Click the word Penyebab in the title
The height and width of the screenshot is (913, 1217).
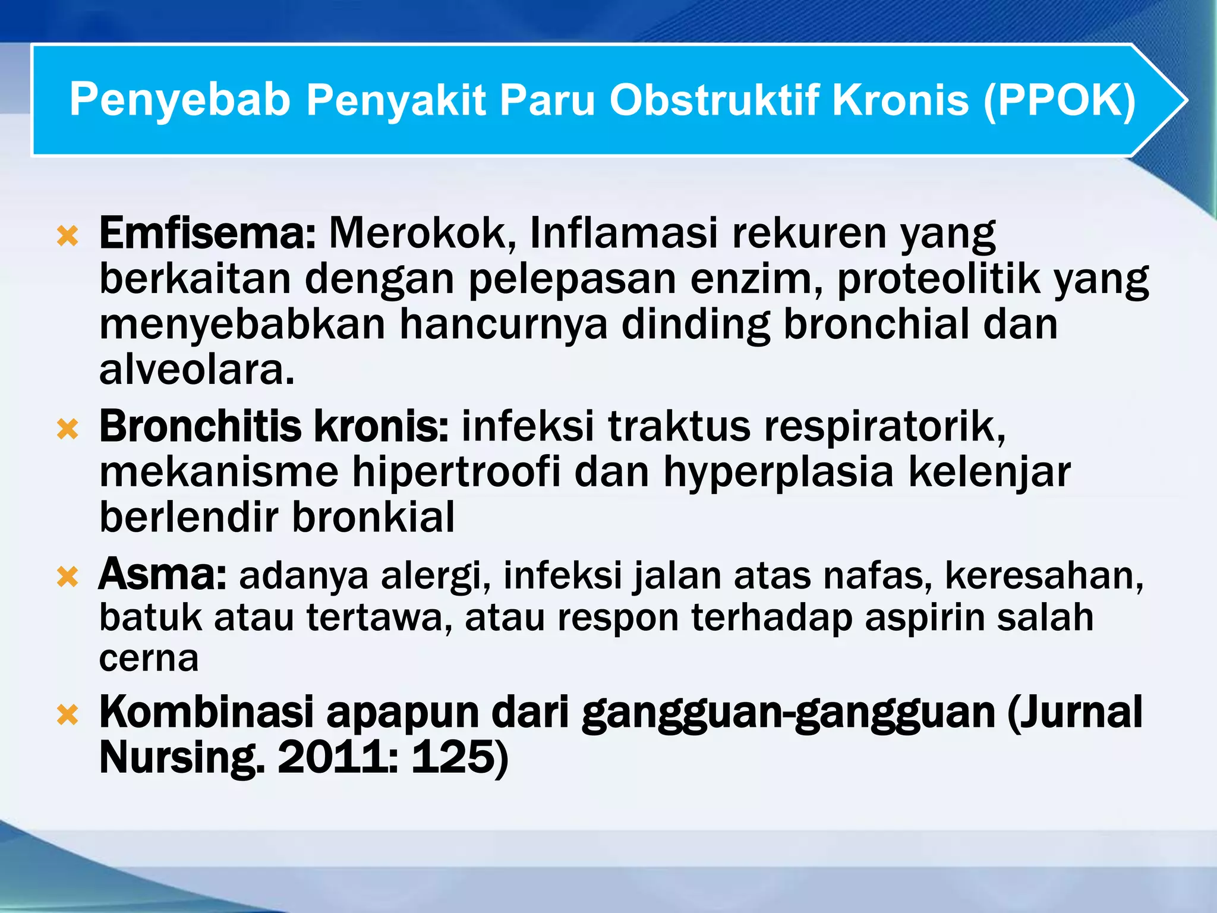180,100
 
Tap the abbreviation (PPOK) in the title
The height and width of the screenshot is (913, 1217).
1060,100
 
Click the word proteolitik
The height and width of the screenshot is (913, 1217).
938,279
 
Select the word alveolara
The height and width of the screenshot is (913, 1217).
197,370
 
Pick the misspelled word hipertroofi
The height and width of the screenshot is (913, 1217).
456,472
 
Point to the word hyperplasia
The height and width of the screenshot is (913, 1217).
778,473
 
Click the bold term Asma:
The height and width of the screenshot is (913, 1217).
162,575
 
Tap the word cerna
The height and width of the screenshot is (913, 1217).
149,659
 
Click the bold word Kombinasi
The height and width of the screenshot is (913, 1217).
206,712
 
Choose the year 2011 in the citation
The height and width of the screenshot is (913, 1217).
336,758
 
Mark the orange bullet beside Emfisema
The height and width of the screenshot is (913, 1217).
68,237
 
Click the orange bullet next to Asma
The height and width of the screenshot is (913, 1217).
68,577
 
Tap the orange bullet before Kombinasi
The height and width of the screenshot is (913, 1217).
68,715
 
